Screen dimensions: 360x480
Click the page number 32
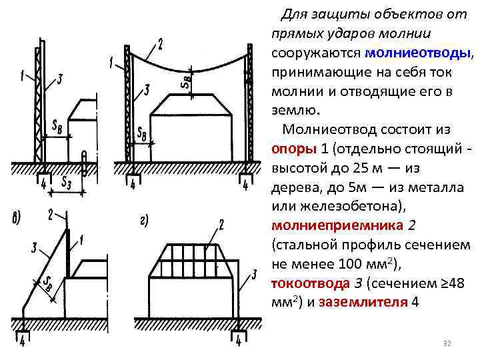(447, 343)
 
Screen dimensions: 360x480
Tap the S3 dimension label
(67, 180)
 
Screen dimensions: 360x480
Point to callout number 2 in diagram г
(220, 225)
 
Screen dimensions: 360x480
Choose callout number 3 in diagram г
(254, 274)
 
